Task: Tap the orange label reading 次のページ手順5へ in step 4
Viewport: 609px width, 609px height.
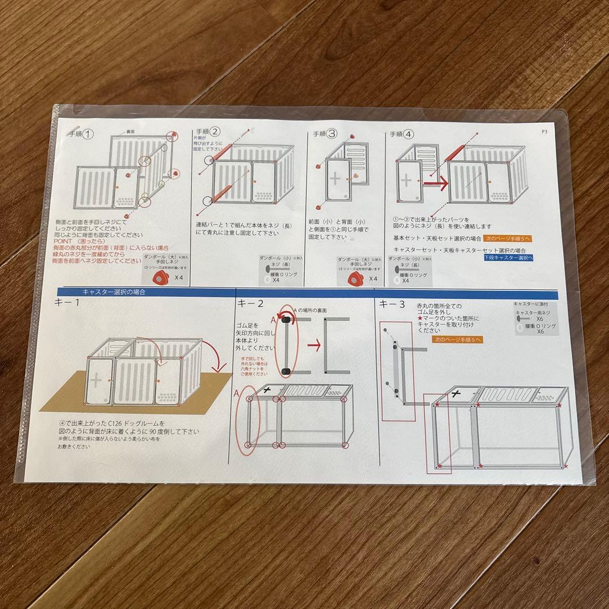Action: tap(507, 239)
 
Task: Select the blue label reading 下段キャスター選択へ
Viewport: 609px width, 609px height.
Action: tap(508, 257)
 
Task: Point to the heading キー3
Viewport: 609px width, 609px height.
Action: tap(392, 304)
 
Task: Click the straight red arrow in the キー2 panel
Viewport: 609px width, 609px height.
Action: tap(314, 345)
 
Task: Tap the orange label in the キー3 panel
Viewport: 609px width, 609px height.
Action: tap(457, 340)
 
